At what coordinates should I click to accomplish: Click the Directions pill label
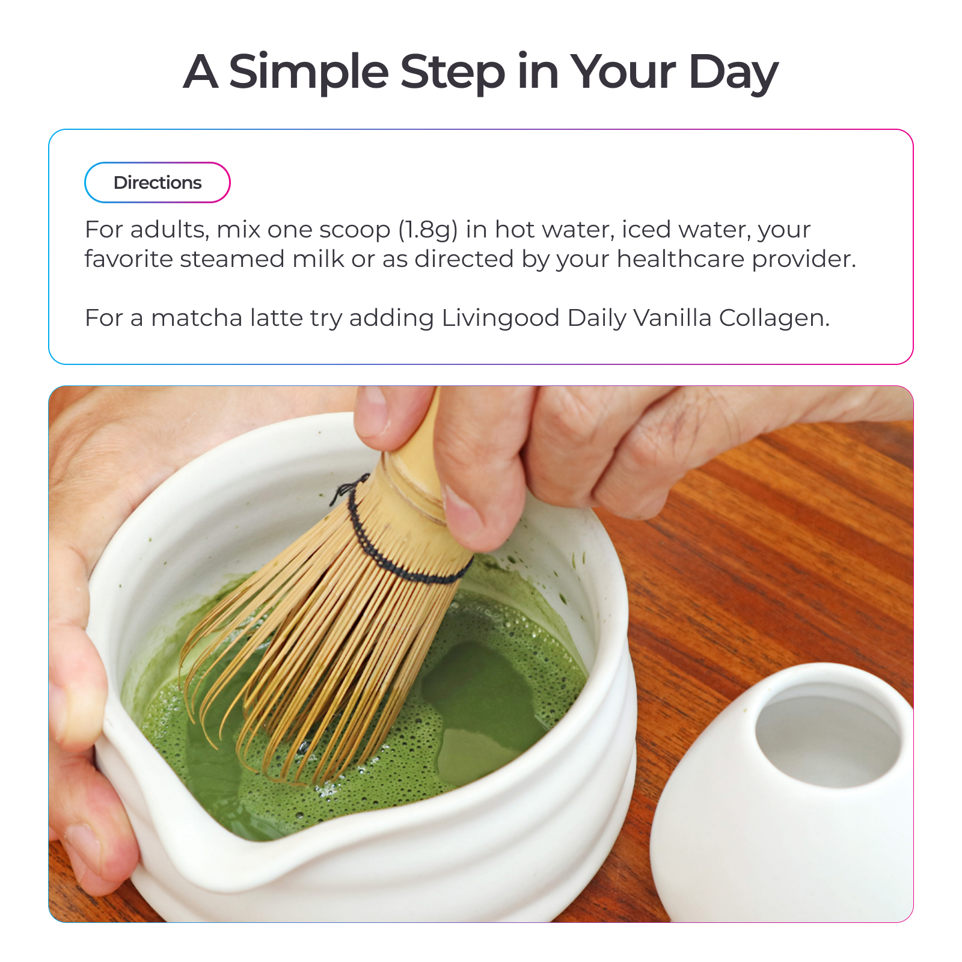tap(158, 182)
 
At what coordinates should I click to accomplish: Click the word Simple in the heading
tap(308, 73)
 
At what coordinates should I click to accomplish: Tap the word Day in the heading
tap(733, 73)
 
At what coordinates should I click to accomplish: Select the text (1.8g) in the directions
tap(428, 230)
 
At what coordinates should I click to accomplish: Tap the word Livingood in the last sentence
tap(500, 318)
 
